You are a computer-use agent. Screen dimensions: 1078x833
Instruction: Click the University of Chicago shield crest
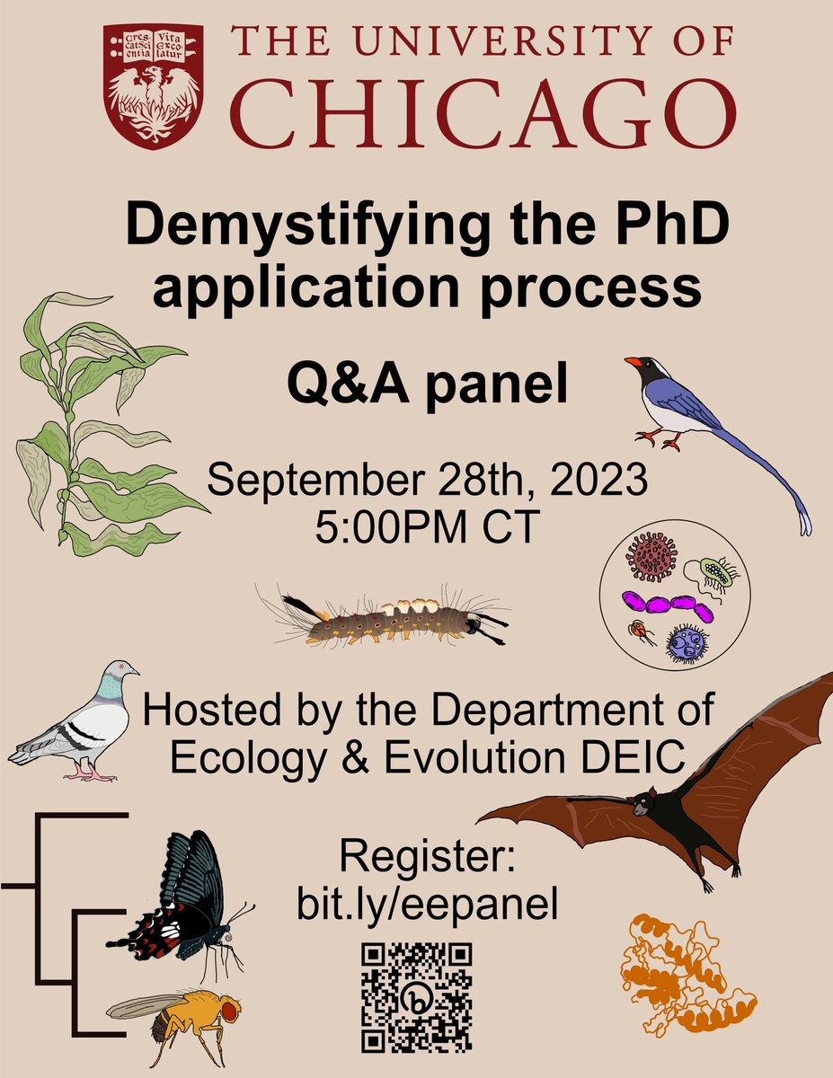point(151,83)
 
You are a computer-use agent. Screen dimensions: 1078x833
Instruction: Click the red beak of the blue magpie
point(634,362)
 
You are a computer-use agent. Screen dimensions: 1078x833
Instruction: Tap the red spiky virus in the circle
point(651,556)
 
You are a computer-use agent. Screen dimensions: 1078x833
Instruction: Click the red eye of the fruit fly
point(230,1009)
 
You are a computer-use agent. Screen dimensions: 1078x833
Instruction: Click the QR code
point(416,997)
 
